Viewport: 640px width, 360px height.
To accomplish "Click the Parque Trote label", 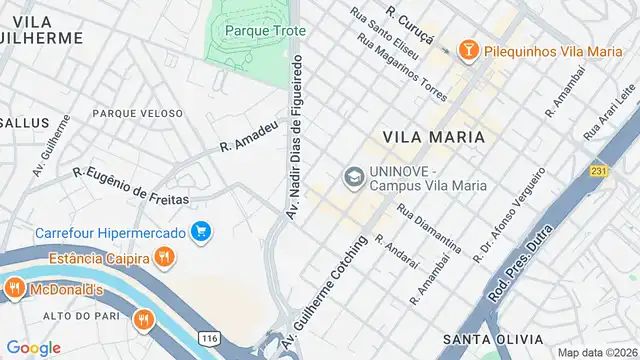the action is coord(258,30).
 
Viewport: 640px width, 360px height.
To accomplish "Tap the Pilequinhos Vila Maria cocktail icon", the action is coord(467,49).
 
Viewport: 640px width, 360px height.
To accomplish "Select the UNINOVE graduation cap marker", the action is coord(353,177).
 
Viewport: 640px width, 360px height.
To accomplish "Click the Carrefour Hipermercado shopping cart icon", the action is coord(202,232).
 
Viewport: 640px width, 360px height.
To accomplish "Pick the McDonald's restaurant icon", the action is coord(14,290).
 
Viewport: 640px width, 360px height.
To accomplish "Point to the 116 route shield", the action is coord(209,340).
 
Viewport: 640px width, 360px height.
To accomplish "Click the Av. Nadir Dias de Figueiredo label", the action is coord(295,136).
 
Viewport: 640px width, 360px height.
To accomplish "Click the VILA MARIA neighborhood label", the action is coord(433,136).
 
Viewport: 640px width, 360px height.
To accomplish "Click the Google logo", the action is coord(33,347).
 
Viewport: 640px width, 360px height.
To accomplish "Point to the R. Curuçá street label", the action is coord(410,25).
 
